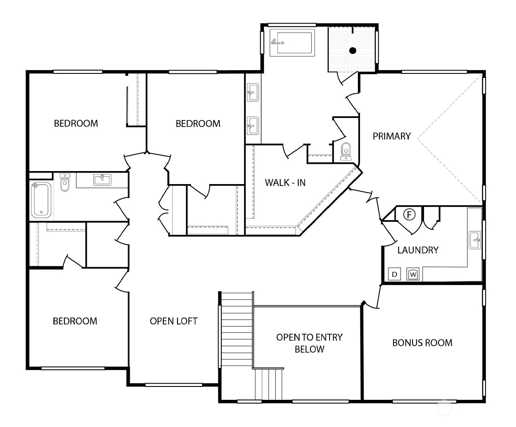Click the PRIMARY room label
point(392,136)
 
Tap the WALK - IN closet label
point(285,183)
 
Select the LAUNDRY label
point(418,250)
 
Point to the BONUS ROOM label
point(422,343)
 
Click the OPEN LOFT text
point(173,321)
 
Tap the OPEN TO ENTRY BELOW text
point(309,343)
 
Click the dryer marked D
point(394,274)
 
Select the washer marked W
point(413,274)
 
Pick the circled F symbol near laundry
point(409,215)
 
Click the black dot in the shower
point(353,51)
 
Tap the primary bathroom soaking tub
point(292,43)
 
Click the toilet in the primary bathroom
point(346,151)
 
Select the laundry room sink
point(475,240)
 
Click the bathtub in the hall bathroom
point(41,200)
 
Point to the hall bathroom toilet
point(65,182)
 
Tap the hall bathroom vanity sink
point(102,180)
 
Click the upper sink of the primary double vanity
point(253,92)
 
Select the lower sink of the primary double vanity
point(253,126)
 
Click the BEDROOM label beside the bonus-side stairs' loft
point(75,321)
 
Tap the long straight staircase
point(237,329)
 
